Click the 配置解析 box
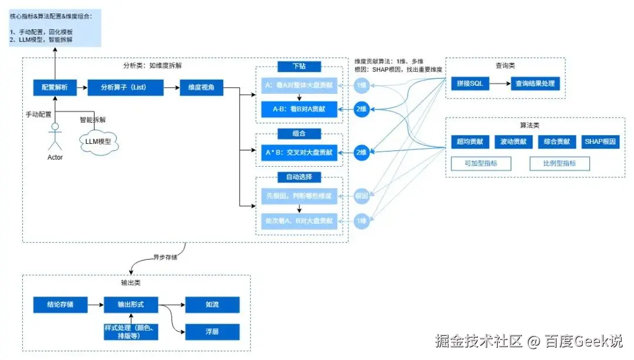pos(55,88)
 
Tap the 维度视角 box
pos(201,88)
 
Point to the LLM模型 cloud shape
pos(99,142)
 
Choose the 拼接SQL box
pos(470,83)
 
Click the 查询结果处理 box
pos(535,83)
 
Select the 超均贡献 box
pos(470,142)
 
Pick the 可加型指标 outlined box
pos(480,163)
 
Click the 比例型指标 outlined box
pos(559,163)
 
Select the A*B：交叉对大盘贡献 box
pos(299,152)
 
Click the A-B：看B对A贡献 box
pos(299,109)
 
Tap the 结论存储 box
pos(60,305)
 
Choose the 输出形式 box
pos(130,305)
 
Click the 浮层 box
pos(212,331)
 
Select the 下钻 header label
pos(299,66)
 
